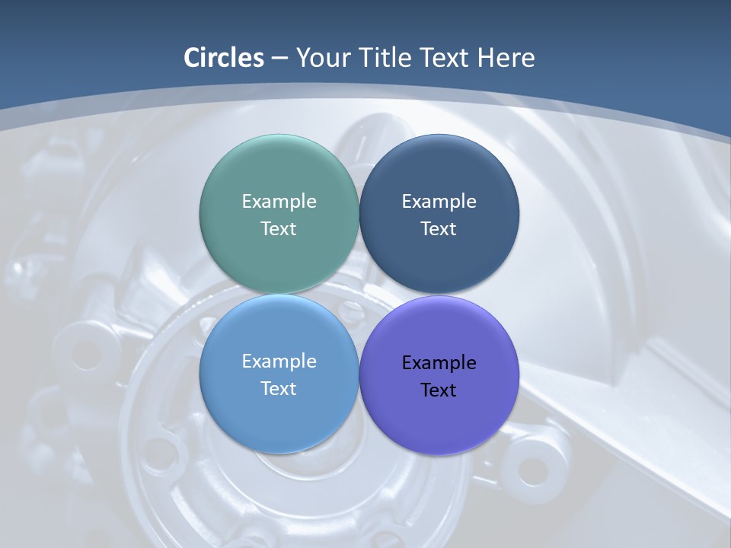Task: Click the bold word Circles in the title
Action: [x=223, y=58]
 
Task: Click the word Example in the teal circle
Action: [x=279, y=201]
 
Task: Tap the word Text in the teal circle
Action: [x=279, y=228]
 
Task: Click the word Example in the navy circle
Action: [x=439, y=201]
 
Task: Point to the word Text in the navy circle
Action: [x=439, y=228]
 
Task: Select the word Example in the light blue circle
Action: [x=279, y=361]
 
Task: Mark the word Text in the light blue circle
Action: [x=279, y=388]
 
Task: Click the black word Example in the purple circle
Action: [x=439, y=362]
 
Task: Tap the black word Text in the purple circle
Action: [x=439, y=390]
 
